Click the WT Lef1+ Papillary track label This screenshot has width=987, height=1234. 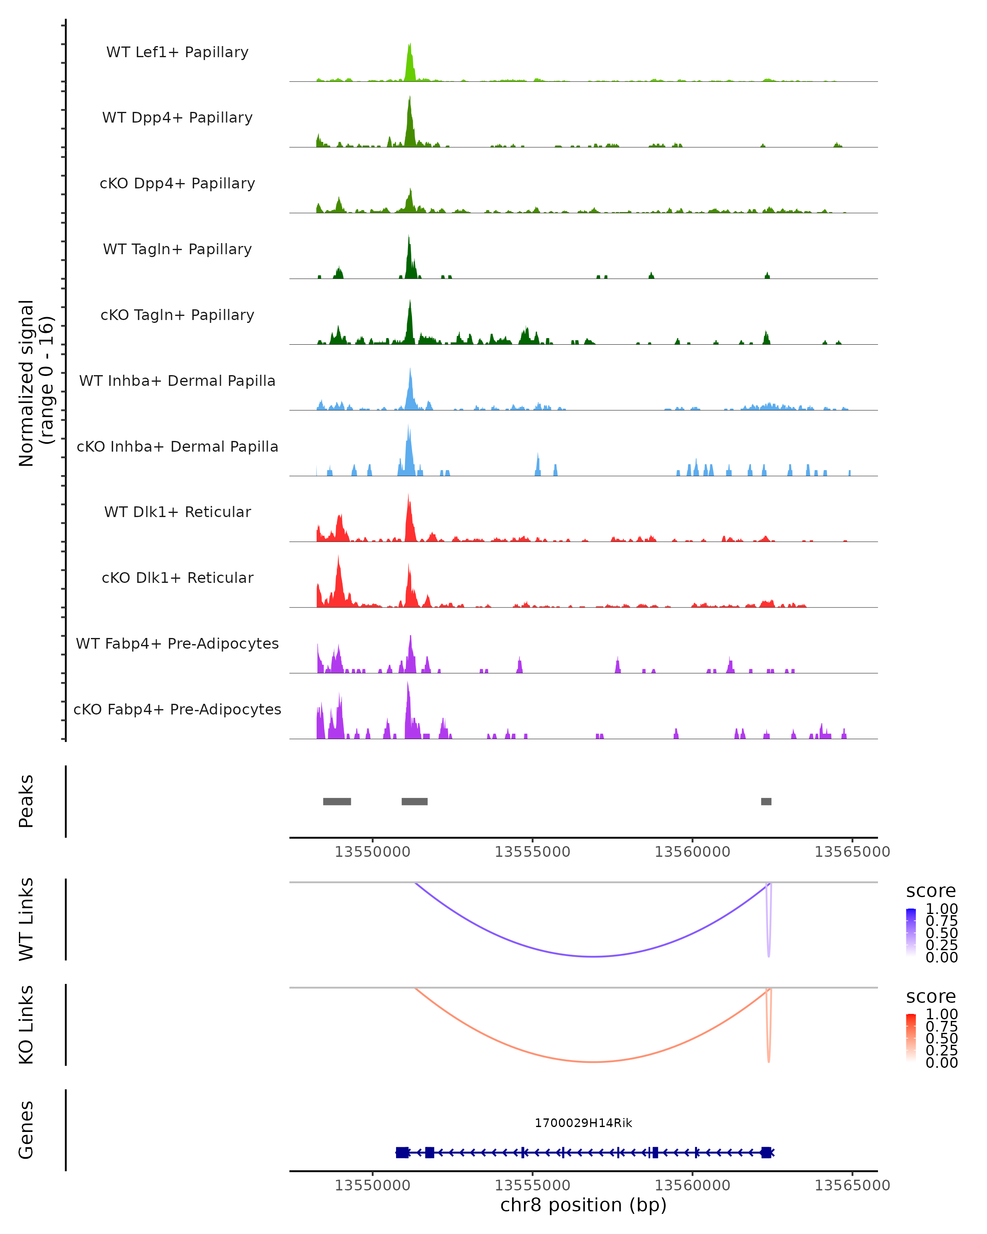tap(177, 52)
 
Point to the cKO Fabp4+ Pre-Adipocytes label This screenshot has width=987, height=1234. tap(177, 709)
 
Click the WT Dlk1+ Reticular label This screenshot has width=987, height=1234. tap(177, 512)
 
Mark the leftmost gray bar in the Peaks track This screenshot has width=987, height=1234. tap(337, 801)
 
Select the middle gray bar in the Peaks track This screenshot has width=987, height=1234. tap(414, 801)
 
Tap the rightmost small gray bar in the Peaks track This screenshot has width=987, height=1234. tap(766, 801)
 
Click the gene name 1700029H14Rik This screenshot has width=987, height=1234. tap(583, 1123)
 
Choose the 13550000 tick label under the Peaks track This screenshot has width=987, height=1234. tap(373, 852)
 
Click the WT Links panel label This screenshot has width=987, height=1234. tap(26, 919)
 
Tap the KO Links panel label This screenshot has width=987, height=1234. tap(26, 1025)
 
